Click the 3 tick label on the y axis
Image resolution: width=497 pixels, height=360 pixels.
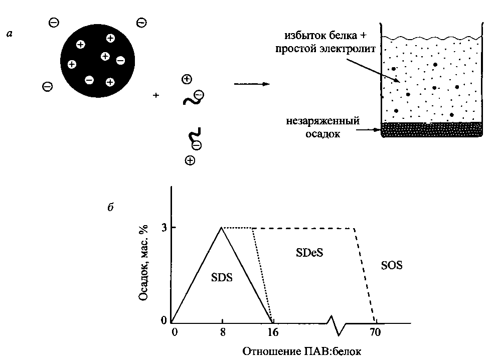[163, 228]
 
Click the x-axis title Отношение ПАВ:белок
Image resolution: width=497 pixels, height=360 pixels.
[302, 350]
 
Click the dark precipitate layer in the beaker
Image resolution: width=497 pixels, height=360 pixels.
[432, 129]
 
